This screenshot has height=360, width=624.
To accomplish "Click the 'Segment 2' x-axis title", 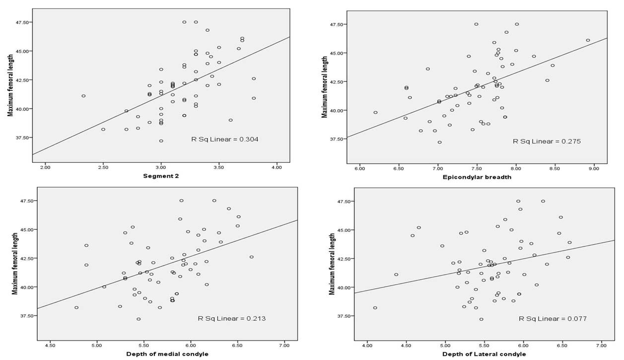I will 161,176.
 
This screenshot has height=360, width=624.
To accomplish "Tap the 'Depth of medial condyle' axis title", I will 167,354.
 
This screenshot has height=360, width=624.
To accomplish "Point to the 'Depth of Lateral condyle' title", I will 484,354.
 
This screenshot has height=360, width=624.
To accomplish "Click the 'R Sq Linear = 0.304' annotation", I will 224,139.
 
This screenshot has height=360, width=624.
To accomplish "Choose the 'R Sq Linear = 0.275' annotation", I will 547,141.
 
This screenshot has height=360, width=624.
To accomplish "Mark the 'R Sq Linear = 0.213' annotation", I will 231,318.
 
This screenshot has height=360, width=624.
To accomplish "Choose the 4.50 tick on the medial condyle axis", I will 50,346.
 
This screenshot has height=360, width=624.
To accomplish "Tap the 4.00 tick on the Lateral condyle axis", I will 367,346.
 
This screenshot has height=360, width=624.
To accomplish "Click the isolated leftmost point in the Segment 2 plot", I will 83,96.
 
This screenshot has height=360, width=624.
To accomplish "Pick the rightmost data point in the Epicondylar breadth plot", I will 588,40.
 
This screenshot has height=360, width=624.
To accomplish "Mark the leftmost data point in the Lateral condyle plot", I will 375,308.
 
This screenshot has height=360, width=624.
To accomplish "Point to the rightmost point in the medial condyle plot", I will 251,257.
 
